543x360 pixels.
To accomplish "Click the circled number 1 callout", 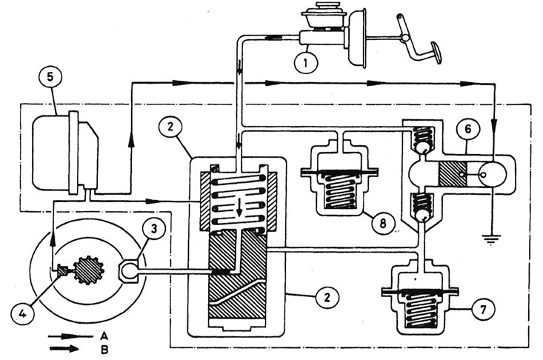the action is [x=305, y=64].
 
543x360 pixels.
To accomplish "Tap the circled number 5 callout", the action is [x=50, y=77].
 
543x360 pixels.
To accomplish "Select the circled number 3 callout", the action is [x=154, y=228].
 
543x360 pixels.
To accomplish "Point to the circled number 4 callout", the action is [x=22, y=314].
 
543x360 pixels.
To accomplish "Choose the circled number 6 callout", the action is [x=468, y=129].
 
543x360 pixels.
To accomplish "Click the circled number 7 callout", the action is [x=483, y=309].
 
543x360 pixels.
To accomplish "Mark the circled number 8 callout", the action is [x=383, y=223].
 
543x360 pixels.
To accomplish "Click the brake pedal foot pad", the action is [x=436, y=52].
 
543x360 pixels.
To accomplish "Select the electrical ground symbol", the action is [x=491, y=239].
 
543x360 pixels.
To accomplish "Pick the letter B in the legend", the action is [x=105, y=350].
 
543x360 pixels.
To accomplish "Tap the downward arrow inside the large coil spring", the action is [x=239, y=207].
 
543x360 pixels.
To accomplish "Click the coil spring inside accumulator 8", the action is [x=339, y=190].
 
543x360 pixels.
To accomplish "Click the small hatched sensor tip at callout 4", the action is [x=63, y=270].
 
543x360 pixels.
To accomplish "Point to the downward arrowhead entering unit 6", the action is [x=494, y=124].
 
